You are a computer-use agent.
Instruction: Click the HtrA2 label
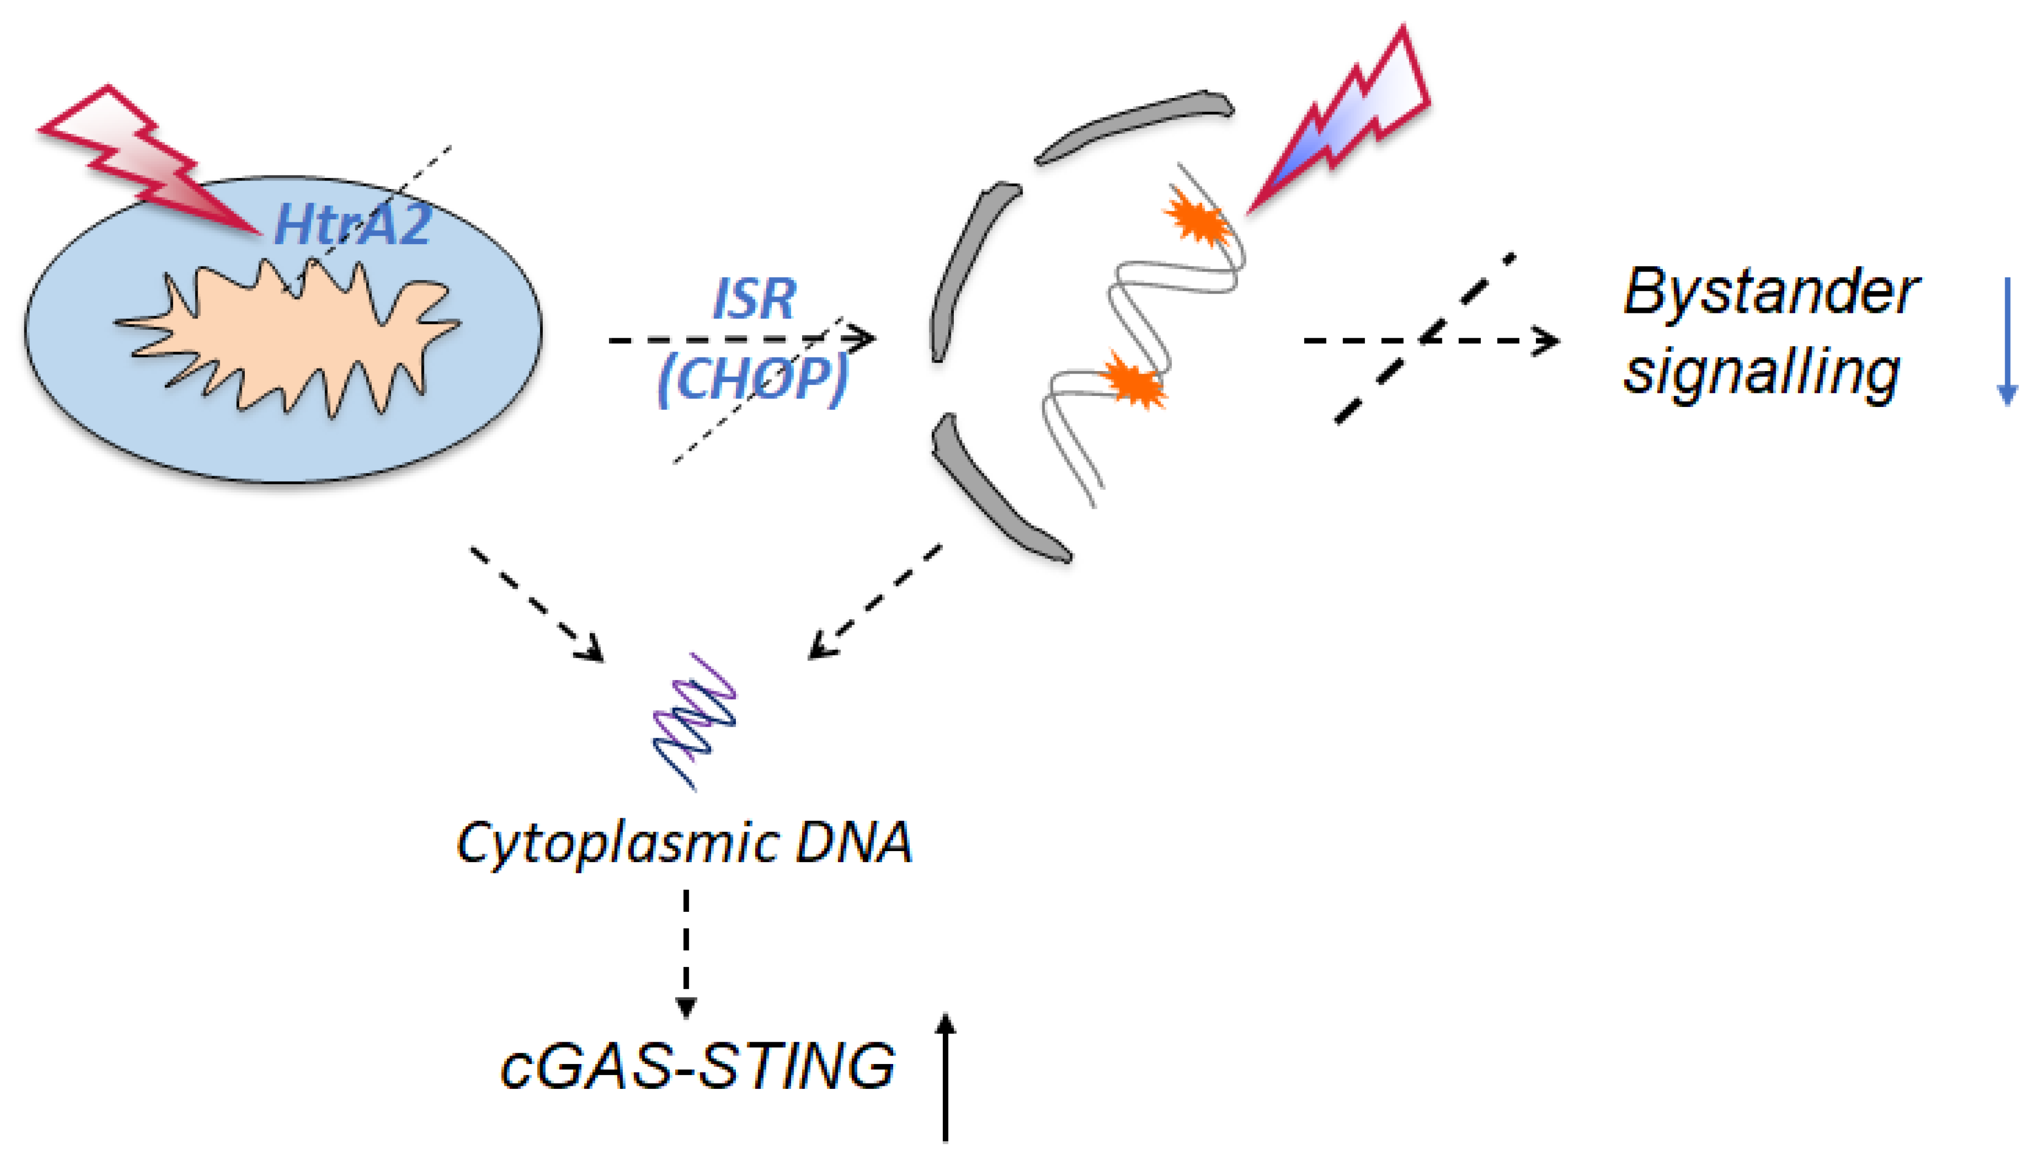tap(353, 224)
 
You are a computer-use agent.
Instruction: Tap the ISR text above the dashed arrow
tap(755, 298)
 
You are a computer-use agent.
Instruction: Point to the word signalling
tap(1761, 373)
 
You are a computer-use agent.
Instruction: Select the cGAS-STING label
tap(697, 1066)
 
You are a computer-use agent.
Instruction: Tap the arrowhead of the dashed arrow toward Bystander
tap(1546, 340)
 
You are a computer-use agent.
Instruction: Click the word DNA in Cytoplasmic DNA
tap(854, 843)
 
